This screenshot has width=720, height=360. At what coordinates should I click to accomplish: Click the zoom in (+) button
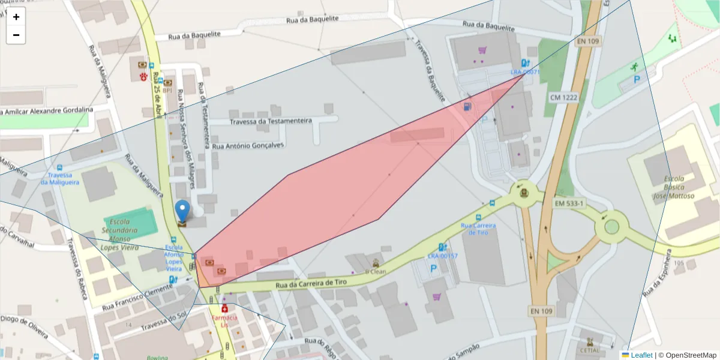pos(16,17)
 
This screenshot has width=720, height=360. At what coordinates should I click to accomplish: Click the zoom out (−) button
pos(16,35)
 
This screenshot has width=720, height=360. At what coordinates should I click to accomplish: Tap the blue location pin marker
pos(183,212)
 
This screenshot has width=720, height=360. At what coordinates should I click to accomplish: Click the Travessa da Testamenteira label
pos(271,121)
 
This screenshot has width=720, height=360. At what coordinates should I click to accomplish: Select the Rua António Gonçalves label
pos(248,145)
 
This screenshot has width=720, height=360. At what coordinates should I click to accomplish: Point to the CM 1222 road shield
pos(563,97)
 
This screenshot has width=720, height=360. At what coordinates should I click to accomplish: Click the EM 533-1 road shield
pos(569,204)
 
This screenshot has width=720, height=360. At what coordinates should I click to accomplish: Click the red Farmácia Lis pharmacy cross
pos(224,308)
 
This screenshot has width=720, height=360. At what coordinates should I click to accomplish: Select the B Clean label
pos(376,271)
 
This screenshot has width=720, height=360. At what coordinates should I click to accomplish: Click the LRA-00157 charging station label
pos(442,256)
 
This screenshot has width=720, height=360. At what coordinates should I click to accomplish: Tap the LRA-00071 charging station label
pos(526,72)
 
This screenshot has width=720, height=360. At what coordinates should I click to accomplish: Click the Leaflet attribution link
pos(641,355)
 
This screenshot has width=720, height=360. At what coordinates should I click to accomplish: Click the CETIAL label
pos(590,350)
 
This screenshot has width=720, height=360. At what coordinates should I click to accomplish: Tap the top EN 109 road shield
pos(589,42)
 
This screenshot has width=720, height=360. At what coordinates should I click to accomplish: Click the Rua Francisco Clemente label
pos(137,297)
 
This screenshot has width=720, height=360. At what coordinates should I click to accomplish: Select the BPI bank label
pos(167,91)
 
